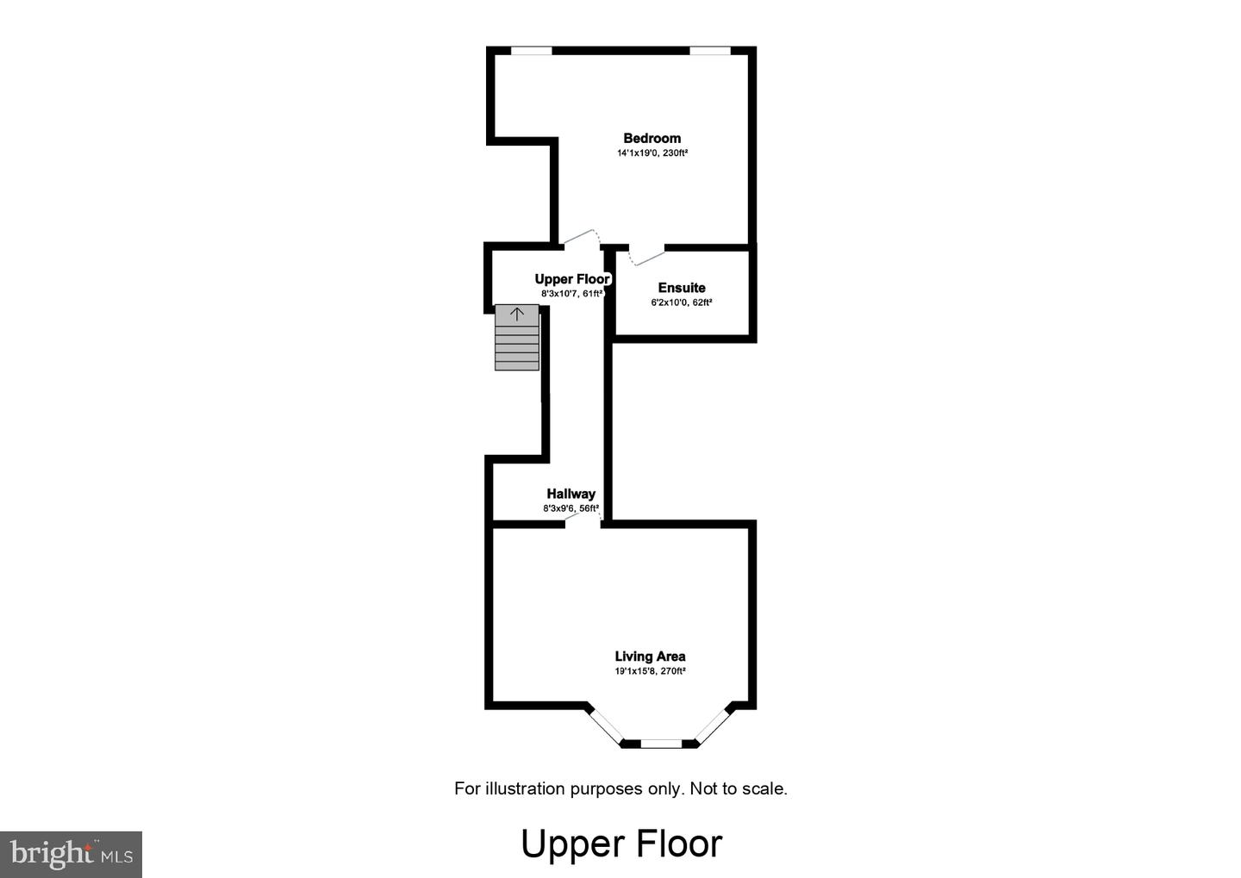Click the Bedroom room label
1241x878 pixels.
click(652, 138)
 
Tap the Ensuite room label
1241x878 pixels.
click(682, 288)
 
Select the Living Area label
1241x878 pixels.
click(650, 657)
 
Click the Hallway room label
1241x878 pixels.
click(571, 494)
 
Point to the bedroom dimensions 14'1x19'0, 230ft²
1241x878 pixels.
click(652, 153)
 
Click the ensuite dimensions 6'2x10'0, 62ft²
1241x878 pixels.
click(682, 303)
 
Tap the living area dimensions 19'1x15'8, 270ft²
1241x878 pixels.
click(650, 671)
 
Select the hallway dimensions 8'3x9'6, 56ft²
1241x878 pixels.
click(571, 508)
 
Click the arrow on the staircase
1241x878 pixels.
click(517, 314)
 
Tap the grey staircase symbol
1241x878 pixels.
click(517, 345)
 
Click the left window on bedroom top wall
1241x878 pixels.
click(532, 51)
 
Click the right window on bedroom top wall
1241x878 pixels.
click(710, 51)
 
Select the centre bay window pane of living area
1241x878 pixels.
click(661, 743)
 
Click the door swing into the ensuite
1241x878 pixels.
click(646, 256)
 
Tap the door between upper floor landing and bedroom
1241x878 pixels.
click(579, 237)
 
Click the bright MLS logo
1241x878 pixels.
click(71, 854)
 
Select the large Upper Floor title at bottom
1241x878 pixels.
click(620, 844)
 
